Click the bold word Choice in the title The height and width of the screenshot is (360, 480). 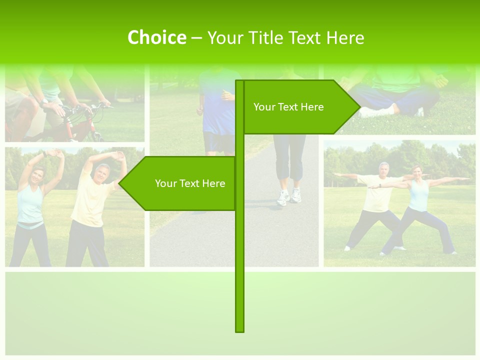pos(156,37)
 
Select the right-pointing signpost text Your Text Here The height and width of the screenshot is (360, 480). pos(288,107)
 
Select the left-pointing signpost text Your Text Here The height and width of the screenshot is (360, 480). pos(190,183)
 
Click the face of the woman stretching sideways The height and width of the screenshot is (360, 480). pos(38,176)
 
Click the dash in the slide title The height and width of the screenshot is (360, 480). pos(196,37)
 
